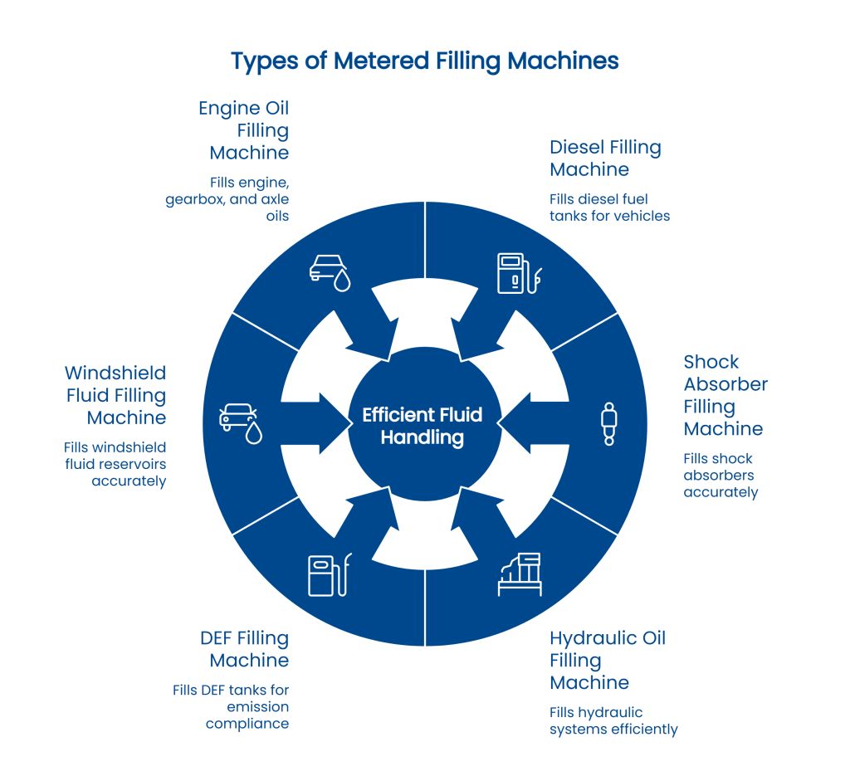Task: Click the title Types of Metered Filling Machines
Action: click(424, 61)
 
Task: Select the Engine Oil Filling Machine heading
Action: click(245, 130)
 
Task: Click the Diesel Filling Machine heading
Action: click(605, 159)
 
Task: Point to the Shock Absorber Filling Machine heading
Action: click(725, 395)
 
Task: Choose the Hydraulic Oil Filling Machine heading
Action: click(608, 661)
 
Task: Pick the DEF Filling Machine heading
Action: click(245, 650)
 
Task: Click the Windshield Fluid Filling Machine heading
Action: click(116, 395)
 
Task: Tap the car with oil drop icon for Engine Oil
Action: click(329, 271)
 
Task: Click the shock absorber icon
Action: click(608, 424)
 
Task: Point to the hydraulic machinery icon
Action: click(519, 574)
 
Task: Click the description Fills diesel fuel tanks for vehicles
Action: click(609, 207)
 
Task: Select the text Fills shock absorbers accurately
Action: click(721, 475)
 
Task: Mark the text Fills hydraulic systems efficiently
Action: click(613, 721)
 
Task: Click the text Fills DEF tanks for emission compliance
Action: click(232, 706)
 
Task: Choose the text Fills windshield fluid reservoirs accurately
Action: click(116, 464)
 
